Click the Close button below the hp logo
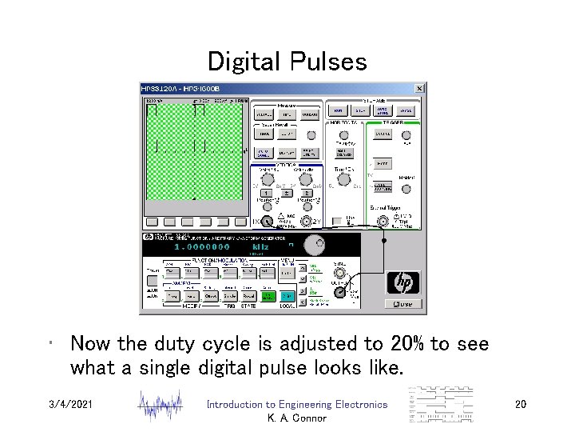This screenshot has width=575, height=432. click(x=404, y=303)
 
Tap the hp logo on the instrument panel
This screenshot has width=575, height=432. click(x=403, y=282)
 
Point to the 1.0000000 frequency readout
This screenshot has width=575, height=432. click(x=196, y=247)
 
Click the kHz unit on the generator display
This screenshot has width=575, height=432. click(x=260, y=247)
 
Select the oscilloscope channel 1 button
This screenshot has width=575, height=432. click(x=264, y=193)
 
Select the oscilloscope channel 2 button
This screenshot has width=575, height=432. click(x=305, y=193)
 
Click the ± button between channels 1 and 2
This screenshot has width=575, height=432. click(x=285, y=193)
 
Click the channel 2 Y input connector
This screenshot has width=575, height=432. click(x=305, y=222)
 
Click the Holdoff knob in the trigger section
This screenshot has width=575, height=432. click(x=407, y=189)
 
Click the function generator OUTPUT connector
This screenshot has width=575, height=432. click(x=340, y=293)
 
